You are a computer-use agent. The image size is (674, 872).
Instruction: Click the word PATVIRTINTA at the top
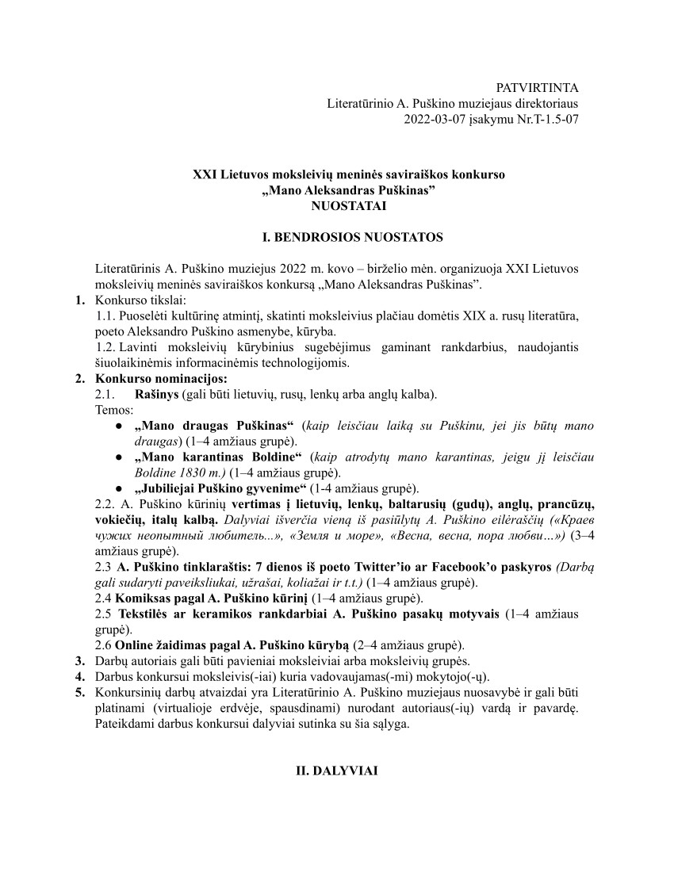point(537,87)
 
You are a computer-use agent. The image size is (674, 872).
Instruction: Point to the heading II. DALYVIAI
point(337,769)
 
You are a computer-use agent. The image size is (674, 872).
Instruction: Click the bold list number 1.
point(79,300)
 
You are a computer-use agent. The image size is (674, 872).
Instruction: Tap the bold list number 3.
point(79,661)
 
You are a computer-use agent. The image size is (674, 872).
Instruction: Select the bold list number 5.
point(79,692)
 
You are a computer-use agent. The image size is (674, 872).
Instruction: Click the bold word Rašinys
point(157,394)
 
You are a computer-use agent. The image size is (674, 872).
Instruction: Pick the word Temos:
point(114,410)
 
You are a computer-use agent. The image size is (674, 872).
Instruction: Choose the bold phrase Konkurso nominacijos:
point(161,378)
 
